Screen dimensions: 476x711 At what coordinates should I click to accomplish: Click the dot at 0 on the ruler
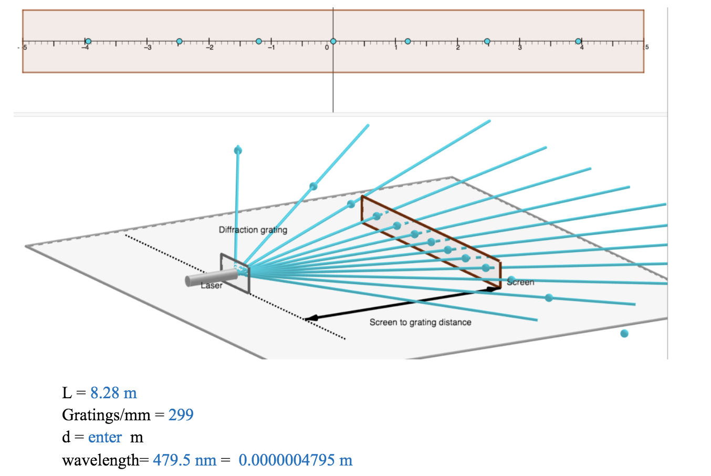coord(333,41)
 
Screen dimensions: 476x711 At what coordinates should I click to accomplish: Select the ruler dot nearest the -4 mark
coord(88,41)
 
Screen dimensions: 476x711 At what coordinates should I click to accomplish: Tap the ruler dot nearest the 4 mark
coord(578,41)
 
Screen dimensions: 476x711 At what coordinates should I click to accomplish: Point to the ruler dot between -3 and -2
coord(179,41)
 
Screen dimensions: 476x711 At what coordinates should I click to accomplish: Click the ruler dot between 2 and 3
coord(487,41)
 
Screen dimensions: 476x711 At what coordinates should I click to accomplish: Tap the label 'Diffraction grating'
coord(253,230)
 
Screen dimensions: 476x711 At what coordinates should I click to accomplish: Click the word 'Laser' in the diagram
coord(211,285)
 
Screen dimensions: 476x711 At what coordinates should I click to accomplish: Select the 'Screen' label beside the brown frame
coord(520,282)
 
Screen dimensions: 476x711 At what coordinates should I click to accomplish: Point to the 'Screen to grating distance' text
coord(420,322)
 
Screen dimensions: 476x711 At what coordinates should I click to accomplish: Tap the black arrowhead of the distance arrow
coord(310,317)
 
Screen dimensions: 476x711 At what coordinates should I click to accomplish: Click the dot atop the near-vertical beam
coord(238,151)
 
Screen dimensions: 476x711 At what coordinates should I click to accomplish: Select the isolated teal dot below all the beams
coord(624,333)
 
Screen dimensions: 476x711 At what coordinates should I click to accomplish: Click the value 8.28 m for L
coord(113,393)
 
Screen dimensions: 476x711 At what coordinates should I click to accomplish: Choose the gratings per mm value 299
coord(181,415)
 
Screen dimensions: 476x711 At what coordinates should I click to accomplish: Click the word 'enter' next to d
coord(105,437)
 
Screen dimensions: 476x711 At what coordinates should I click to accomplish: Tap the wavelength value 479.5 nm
coord(184,460)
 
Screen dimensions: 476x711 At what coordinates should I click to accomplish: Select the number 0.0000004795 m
coord(295,460)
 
